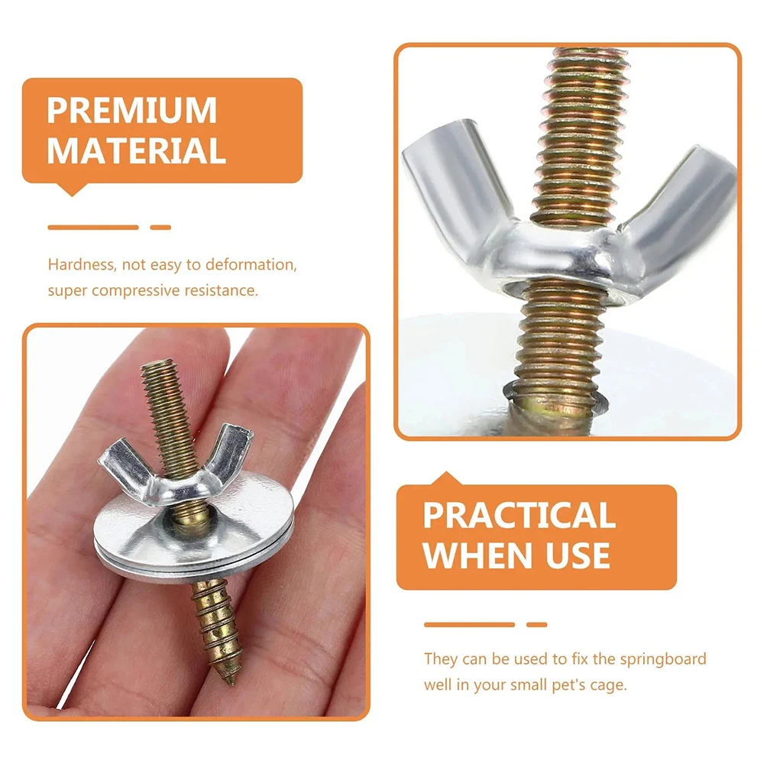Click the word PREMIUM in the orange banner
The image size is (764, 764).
(x=131, y=111)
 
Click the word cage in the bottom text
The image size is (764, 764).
(x=609, y=684)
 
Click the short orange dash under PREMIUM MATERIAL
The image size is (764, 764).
(x=160, y=227)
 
